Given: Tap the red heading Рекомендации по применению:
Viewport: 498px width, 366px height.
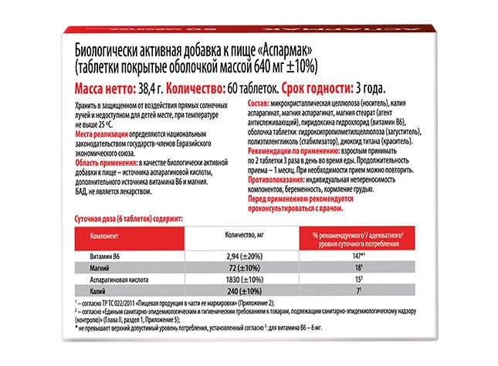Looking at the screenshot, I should tap(296, 154).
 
